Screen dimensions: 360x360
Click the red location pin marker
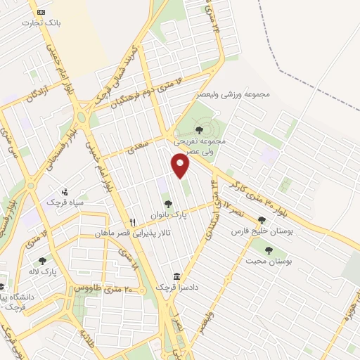[x=181, y=166]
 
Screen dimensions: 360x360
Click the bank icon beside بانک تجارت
[x=41, y=12]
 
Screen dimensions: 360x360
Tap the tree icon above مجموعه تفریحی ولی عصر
[x=199, y=130]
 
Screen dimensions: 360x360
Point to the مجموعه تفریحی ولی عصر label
[x=201, y=145]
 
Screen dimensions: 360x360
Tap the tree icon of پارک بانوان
[x=167, y=204]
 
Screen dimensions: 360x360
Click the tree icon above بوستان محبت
[x=268, y=250]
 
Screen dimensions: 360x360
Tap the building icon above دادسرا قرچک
[x=176, y=276]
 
